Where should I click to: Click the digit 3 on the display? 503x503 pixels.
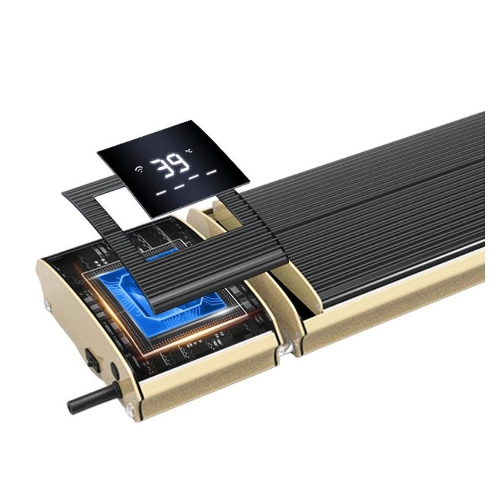pyautogui.click(x=162, y=167)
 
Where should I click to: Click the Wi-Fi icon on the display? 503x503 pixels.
pyautogui.click(x=139, y=169)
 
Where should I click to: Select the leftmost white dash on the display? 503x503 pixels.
pyautogui.click(x=160, y=193)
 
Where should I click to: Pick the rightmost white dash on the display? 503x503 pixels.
pyautogui.click(x=212, y=172)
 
